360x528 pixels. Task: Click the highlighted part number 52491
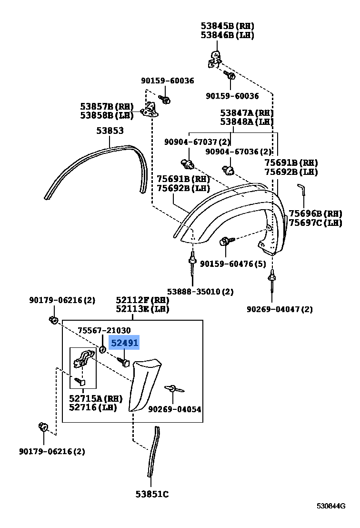[124, 343]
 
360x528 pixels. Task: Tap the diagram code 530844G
[331, 506]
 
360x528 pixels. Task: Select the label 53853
[110, 131]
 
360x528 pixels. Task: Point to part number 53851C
[152, 494]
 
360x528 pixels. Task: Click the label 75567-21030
[104, 330]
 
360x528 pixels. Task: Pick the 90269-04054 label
[175, 409]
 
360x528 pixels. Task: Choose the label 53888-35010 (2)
[200, 291]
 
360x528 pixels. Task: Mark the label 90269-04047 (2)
[280, 309]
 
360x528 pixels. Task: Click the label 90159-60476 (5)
[233, 264]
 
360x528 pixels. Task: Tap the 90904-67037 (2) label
[197, 142]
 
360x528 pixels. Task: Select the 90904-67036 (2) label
[238, 152]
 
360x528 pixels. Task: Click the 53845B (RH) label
[228, 26]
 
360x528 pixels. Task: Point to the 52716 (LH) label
[92, 407]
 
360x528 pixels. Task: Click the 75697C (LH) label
[315, 223]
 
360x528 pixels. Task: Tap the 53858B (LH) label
[107, 115]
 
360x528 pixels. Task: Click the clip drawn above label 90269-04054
[174, 389]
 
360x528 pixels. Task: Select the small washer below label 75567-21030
[102, 350]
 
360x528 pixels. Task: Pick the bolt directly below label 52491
[123, 362]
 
